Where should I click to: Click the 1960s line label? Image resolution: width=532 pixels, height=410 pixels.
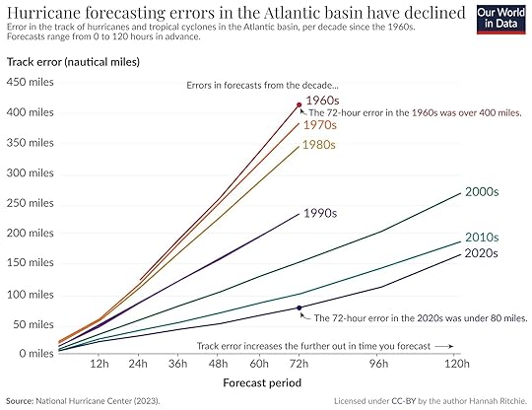tap(322, 101)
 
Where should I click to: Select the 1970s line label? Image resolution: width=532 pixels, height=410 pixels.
tap(322, 125)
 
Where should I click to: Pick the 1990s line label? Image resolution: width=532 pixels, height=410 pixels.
tap(321, 213)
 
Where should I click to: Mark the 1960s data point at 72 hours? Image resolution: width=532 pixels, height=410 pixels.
tap(299, 105)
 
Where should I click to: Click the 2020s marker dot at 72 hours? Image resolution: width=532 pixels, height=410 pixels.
tap(299, 307)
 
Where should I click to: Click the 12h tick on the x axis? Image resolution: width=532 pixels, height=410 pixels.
tap(99, 362)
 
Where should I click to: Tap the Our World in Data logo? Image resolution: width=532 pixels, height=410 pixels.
tap(499, 20)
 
